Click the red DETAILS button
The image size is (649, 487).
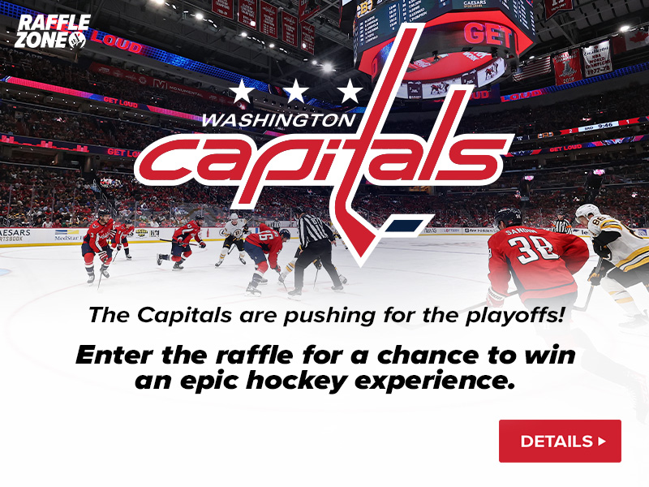point(560,441)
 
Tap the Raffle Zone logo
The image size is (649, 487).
point(50,31)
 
